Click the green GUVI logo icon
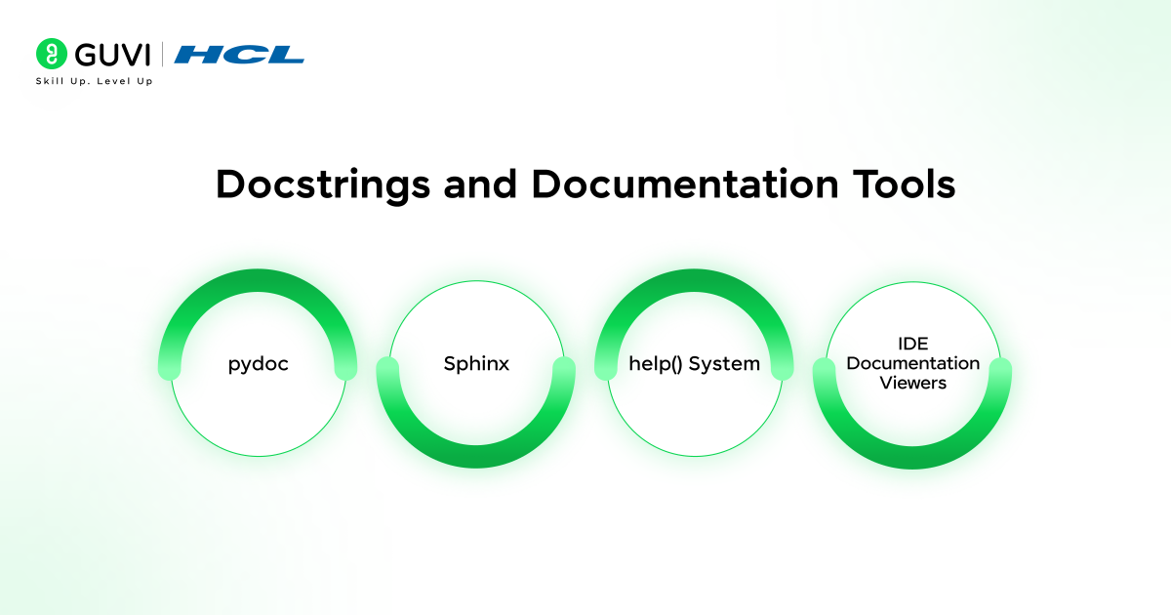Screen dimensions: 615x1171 tap(51, 54)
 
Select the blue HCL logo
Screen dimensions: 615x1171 tap(239, 54)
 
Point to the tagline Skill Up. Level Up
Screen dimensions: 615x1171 tap(94, 81)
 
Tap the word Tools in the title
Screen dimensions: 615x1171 tap(903, 184)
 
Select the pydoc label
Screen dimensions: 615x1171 tap(259, 364)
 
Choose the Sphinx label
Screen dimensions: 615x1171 tap(476, 364)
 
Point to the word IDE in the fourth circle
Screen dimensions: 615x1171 tap(912, 345)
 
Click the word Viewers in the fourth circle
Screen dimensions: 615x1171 tap(912, 383)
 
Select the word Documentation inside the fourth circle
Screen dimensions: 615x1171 tap(912, 363)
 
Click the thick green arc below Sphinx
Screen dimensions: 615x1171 tap(476, 453)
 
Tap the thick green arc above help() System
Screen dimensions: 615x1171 tap(694, 283)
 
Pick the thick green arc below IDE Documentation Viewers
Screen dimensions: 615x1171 tap(912, 453)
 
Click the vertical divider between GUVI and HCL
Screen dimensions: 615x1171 tap(162, 54)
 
